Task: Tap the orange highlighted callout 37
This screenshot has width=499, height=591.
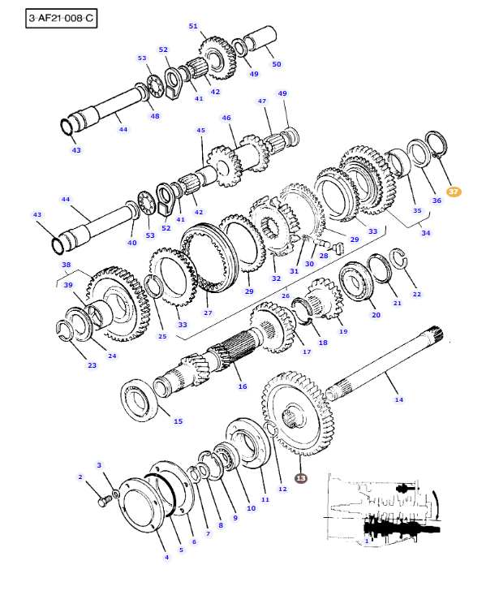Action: click(x=454, y=192)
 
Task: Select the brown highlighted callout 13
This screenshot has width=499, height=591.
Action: click(x=301, y=479)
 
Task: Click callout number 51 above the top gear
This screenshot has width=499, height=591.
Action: click(x=193, y=26)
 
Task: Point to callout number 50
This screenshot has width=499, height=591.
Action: click(x=276, y=63)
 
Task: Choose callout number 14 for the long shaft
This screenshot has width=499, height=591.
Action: click(x=398, y=399)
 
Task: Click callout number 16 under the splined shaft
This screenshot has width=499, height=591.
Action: click(x=242, y=386)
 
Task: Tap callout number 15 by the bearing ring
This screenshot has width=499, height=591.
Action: click(x=178, y=421)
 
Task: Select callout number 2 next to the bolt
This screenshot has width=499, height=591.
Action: click(x=80, y=477)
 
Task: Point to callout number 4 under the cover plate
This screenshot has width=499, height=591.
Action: click(x=166, y=556)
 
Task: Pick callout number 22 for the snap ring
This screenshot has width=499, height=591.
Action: click(x=417, y=294)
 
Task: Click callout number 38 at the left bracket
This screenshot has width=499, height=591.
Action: click(x=66, y=265)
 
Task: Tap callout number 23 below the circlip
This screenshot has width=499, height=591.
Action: click(x=92, y=365)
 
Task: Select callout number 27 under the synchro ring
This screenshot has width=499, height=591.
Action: click(x=208, y=313)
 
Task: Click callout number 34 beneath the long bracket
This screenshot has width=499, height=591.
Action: click(x=426, y=233)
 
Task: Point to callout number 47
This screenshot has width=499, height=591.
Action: click(x=262, y=101)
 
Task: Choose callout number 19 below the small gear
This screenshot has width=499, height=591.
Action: click(x=343, y=331)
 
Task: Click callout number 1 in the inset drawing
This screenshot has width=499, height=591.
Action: click(x=366, y=540)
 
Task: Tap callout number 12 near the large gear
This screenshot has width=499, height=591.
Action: click(x=282, y=489)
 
